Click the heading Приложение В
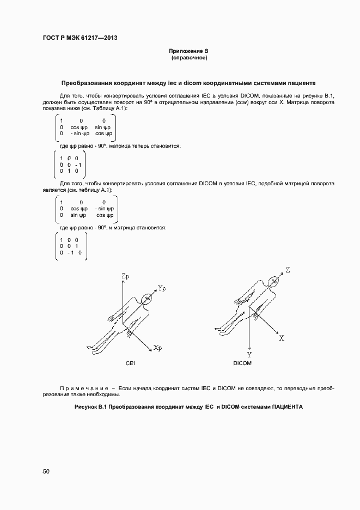(x=189, y=51)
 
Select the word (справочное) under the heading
(x=189, y=58)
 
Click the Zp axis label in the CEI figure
(x=125, y=278)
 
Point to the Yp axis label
(x=161, y=288)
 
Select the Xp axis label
(x=157, y=348)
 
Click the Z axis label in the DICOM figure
(x=288, y=270)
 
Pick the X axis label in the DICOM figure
(x=282, y=338)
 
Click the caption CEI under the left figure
(x=130, y=363)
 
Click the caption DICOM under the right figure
(x=242, y=363)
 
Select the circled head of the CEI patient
(x=147, y=299)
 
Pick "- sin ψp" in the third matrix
(x=104, y=208)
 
